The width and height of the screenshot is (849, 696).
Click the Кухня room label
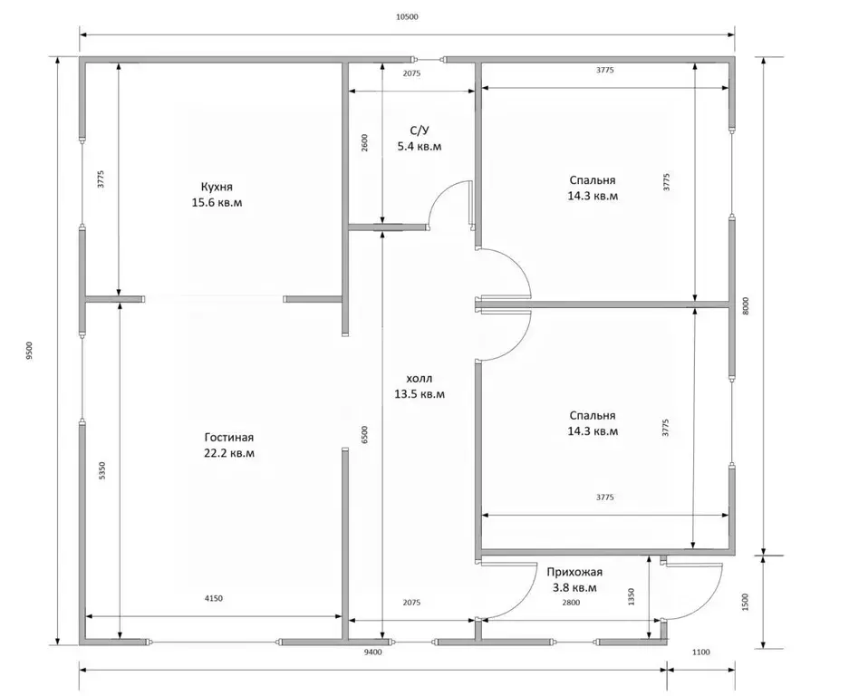tap(217, 187)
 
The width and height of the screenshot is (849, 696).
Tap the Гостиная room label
tap(229, 437)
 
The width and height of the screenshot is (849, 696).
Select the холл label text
tap(420, 378)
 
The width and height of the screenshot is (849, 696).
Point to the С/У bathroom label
tap(420, 130)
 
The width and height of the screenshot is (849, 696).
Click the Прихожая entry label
tap(574, 572)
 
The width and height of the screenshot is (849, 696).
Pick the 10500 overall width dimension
tap(407, 17)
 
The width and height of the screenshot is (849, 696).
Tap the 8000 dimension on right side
tap(745, 307)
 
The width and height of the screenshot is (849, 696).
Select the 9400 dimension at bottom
tap(372, 652)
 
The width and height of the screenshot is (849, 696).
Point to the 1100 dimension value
tap(700, 652)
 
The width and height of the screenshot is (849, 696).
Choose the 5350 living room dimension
tap(103, 470)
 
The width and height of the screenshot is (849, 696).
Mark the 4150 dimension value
tap(213, 598)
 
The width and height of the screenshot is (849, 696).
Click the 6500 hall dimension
tap(364, 435)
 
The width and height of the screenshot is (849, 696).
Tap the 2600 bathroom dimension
tap(364, 142)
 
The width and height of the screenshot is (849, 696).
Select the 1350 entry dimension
tap(632, 597)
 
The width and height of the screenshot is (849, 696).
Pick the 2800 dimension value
tap(571, 603)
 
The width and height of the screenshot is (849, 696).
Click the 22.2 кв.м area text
tap(229, 453)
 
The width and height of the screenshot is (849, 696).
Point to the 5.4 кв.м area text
tap(420, 146)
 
